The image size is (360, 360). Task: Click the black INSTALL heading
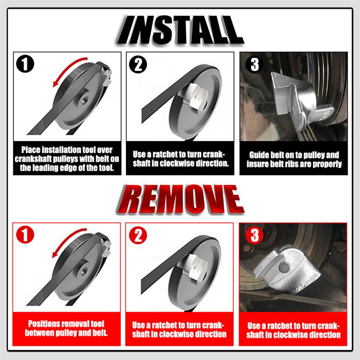point(180,30)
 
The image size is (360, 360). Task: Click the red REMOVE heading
point(180,199)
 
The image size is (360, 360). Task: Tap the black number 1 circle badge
point(25,64)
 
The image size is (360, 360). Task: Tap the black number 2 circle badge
point(138,64)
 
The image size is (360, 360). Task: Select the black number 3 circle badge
point(255,64)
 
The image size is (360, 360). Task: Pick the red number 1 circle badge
point(25,235)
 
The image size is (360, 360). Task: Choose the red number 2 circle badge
point(138,235)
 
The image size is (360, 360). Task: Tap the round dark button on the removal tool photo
point(284,268)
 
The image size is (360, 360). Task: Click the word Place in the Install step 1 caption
point(31,150)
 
